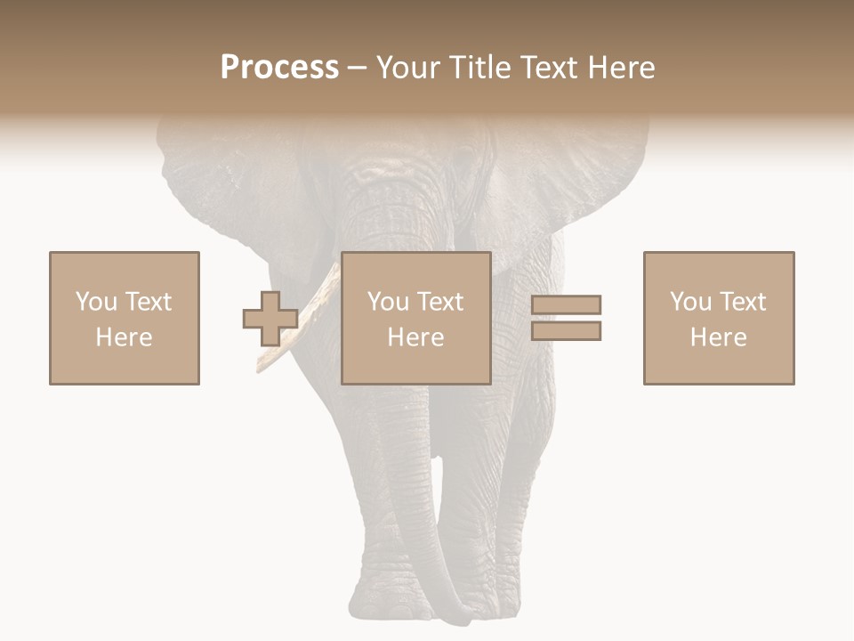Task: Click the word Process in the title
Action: (279, 68)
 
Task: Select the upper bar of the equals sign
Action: (566, 304)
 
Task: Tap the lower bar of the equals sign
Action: (566, 330)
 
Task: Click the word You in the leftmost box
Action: (96, 302)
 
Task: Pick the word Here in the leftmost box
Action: (124, 337)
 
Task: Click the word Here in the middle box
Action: (415, 337)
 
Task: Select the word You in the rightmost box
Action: (690, 302)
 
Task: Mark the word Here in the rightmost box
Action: (718, 337)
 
